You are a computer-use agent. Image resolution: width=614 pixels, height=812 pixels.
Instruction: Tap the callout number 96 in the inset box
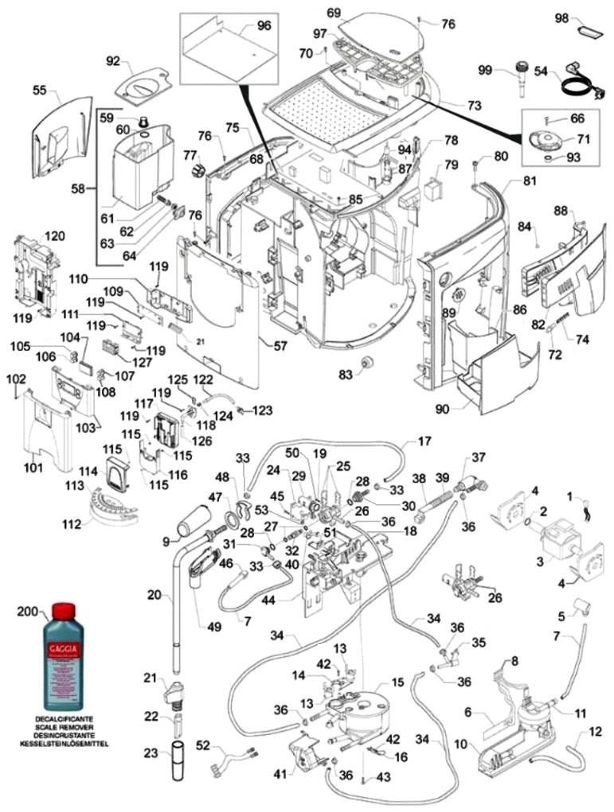pos(264,25)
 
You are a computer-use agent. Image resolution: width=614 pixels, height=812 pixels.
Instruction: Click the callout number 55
pos(40,91)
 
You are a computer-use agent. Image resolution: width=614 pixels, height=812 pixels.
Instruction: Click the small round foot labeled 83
pos(368,363)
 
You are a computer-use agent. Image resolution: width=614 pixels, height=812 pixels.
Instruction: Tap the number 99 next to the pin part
pos(485,71)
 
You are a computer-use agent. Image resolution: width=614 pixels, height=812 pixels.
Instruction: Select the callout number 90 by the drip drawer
pos(442,409)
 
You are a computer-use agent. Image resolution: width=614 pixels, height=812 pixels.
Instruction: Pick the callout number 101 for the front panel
pos(33,467)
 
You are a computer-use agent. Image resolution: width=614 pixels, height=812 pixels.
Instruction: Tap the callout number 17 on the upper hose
pos(424,440)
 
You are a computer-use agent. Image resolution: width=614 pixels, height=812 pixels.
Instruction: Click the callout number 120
pos(54,236)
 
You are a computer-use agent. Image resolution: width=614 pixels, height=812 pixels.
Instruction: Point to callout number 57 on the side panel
pos(280,347)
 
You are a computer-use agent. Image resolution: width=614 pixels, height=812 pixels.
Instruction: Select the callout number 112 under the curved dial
pos(95,524)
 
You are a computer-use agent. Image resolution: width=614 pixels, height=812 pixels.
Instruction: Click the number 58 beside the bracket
pos(78,189)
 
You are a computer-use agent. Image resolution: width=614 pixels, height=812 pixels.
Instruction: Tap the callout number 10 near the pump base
pos(460,744)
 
